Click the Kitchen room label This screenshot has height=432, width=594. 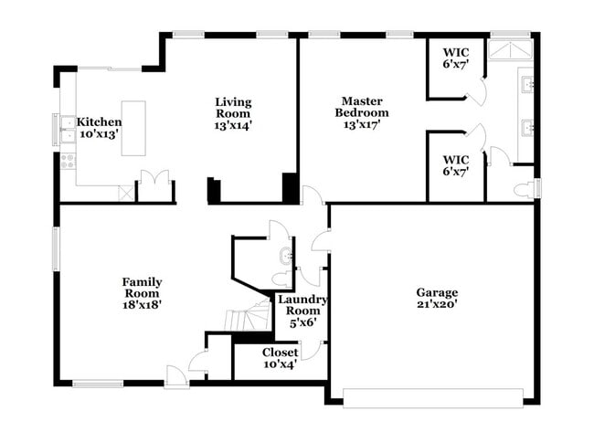point(99,121)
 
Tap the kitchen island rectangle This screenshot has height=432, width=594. point(133,128)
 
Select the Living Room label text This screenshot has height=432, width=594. point(233,107)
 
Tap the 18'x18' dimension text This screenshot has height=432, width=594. point(142,305)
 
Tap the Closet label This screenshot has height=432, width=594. point(280,352)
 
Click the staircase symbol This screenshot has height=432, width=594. point(249,318)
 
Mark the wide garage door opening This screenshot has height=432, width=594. point(432,397)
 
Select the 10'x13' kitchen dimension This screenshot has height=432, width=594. point(99,133)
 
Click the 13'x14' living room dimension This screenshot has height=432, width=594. point(233,125)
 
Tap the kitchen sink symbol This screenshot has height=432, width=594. point(67,130)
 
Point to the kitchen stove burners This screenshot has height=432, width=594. point(67,162)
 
